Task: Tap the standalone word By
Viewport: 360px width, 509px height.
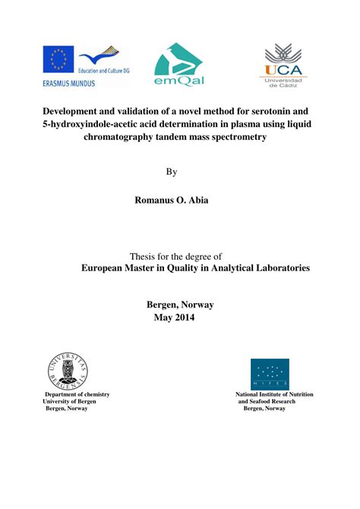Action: tap(171, 172)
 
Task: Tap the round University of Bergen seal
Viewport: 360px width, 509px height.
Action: tap(67, 368)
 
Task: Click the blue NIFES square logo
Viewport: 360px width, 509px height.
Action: tap(270, 375)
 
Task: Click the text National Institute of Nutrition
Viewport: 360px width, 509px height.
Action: tap(274, 394)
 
